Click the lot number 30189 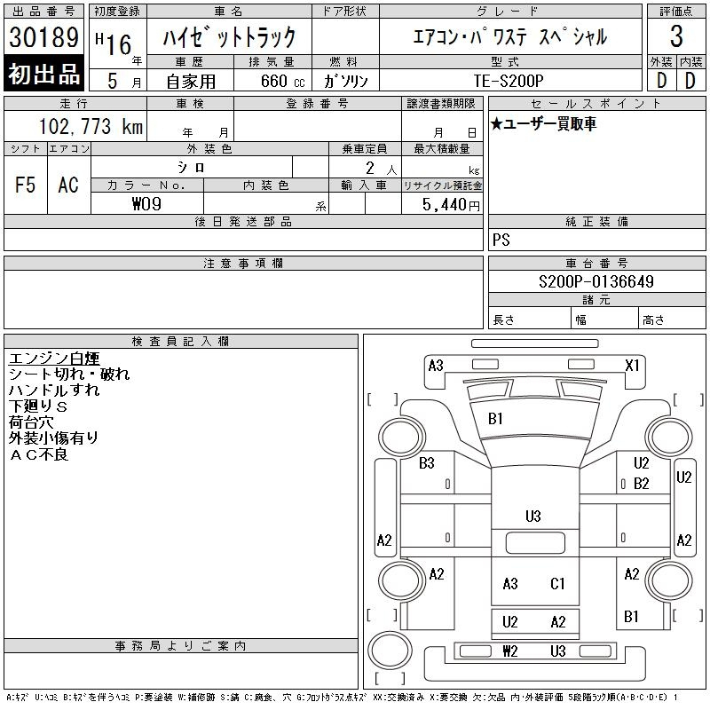point(43,36)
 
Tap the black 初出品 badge point(43,74)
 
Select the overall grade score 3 point(676,36)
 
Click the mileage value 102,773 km point(91,126)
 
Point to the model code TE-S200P point(509,81)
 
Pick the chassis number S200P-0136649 point(596,281)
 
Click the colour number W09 point(146,204)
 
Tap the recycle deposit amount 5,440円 point(451,205)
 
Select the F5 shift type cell point(26,185)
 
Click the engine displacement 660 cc point(282,82)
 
